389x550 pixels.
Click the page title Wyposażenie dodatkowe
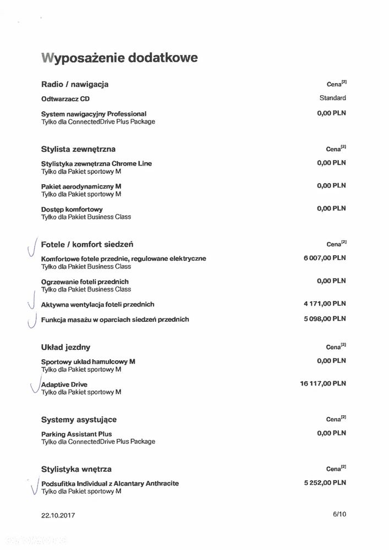tap(119, 58)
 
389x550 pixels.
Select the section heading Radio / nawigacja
tap(75, 84)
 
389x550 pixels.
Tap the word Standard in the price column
tap(332, 98)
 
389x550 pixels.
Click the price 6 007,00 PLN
tap(324, 258)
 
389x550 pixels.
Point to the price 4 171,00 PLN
tap(324, 304)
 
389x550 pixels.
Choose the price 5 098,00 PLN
tap(324, 318)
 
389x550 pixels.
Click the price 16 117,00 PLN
tap(323, 383)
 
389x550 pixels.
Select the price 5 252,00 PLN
tap(325, 482)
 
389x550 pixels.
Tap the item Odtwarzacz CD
tap(65, 99)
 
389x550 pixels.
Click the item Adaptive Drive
tap(64, 384)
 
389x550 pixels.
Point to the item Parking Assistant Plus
tap(76, 434)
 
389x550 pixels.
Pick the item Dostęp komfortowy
tap(72, 210)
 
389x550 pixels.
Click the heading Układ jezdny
tap(65, 347)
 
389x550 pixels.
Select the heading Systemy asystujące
tap(79, 420)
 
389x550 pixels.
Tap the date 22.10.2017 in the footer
tap(58, 515)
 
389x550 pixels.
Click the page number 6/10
tap(339, 514)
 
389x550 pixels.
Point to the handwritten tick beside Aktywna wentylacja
tap(32, 304)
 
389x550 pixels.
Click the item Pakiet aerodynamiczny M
tap(81, 186)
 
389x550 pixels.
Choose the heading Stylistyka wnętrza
tap(76, 469)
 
